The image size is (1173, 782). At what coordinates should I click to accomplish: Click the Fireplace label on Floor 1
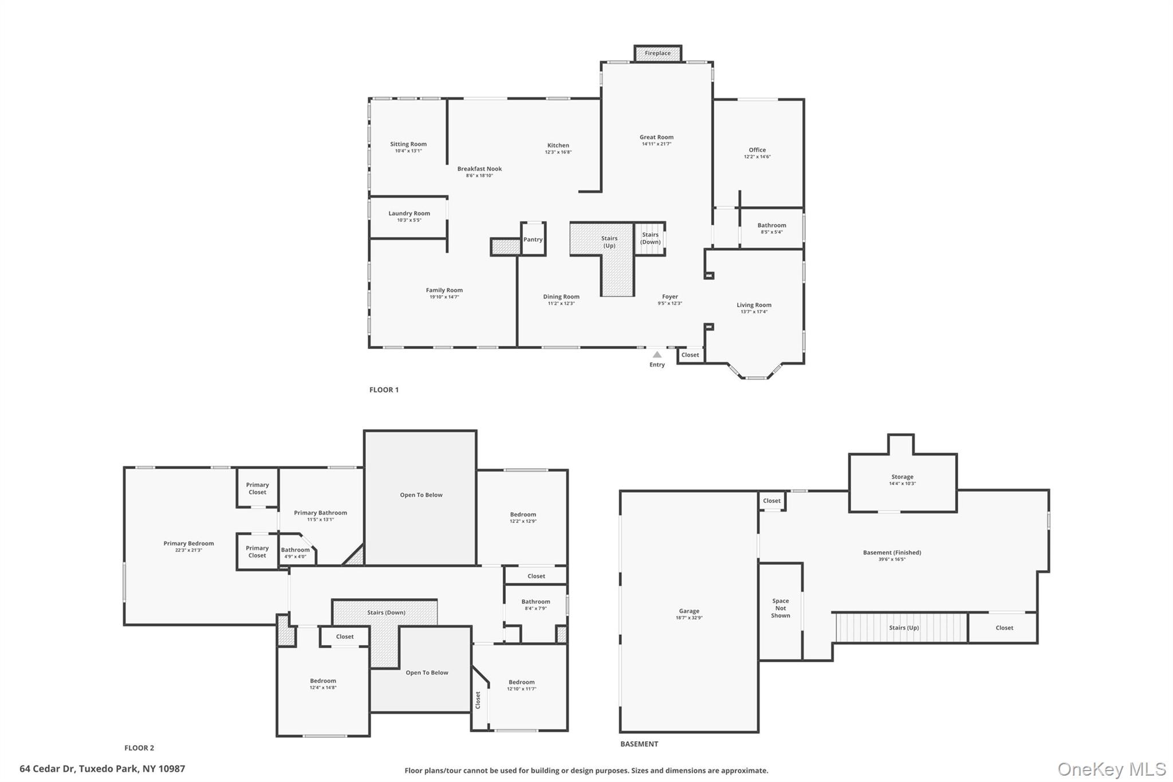coord(658,53)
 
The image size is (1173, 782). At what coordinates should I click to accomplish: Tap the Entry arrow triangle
coord(657,355)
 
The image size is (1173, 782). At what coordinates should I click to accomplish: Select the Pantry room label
coord(533,239)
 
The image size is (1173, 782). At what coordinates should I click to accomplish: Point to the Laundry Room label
coord(409,214)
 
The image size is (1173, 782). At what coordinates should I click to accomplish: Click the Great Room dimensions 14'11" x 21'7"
coord(656,144)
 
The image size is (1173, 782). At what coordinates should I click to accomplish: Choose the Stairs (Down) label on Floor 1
coord(650,238)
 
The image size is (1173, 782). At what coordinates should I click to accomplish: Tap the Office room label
coord(757,150)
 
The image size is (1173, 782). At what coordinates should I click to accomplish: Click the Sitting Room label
coord(408,144)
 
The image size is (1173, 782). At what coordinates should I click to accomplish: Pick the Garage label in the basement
coord(689,611)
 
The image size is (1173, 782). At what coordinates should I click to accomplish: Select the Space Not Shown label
coord(780,608)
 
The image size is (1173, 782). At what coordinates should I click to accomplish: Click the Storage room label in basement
coord(902,477)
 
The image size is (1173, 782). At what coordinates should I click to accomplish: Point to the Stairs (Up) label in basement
coord(904,628)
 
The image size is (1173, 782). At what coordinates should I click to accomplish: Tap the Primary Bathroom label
coord(320,513)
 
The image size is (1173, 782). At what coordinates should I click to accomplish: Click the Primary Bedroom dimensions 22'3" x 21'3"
coord(188,551)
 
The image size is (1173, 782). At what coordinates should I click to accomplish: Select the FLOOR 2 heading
coord(139,748)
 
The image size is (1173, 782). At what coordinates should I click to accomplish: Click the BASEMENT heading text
coord(639,744)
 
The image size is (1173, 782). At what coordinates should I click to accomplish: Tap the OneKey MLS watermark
coord(1111,769)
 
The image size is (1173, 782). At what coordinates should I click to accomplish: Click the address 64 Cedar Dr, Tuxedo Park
coord(103,769)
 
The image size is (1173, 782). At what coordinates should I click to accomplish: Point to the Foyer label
coord(670,297)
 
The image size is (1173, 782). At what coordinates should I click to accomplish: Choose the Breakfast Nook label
coord(479,169)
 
